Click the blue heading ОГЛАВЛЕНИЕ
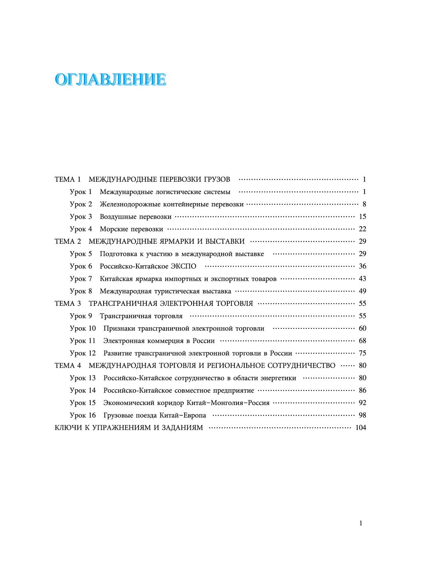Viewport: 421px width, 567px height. (x=111, y=79)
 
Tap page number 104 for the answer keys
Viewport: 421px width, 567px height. (x=360, y=428)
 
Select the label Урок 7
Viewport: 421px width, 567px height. (x=81, y=279)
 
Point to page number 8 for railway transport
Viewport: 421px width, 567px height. (x=364, y=204)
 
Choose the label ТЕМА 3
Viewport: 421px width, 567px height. (x=68, y=303)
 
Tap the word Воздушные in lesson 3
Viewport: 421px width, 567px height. (x=118, y=217)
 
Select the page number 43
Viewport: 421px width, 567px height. (x=362, y=279)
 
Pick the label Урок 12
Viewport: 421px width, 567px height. (x=83, y=353)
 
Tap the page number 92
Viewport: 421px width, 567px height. (x=362, y=403)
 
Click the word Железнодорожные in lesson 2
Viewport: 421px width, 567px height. (x=130, y=204)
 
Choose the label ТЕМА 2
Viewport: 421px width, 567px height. (x=68, y=241)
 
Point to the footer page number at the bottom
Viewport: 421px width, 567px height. (x=361, y=523)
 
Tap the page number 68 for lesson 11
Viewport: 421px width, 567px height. (x=362, y=341)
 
